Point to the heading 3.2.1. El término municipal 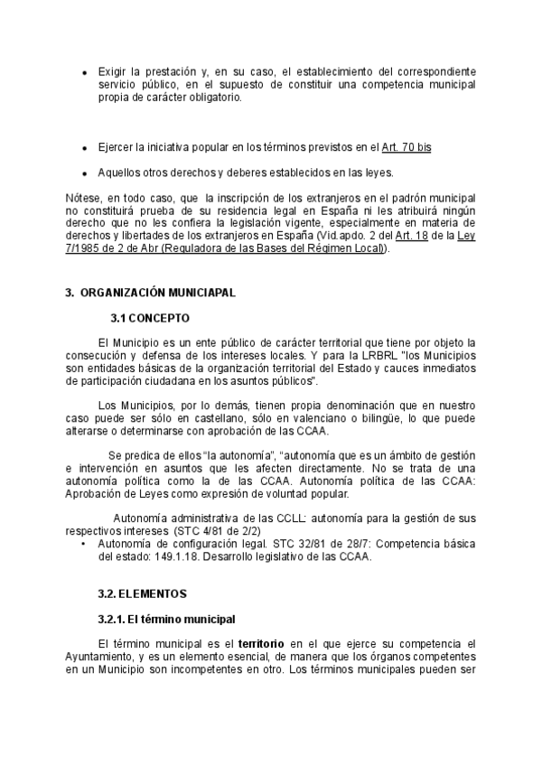[166, 619]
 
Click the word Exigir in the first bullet [113, 71]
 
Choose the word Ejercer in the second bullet [117, 146]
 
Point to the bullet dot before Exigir [84, 72]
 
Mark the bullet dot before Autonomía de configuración [84, 545]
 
